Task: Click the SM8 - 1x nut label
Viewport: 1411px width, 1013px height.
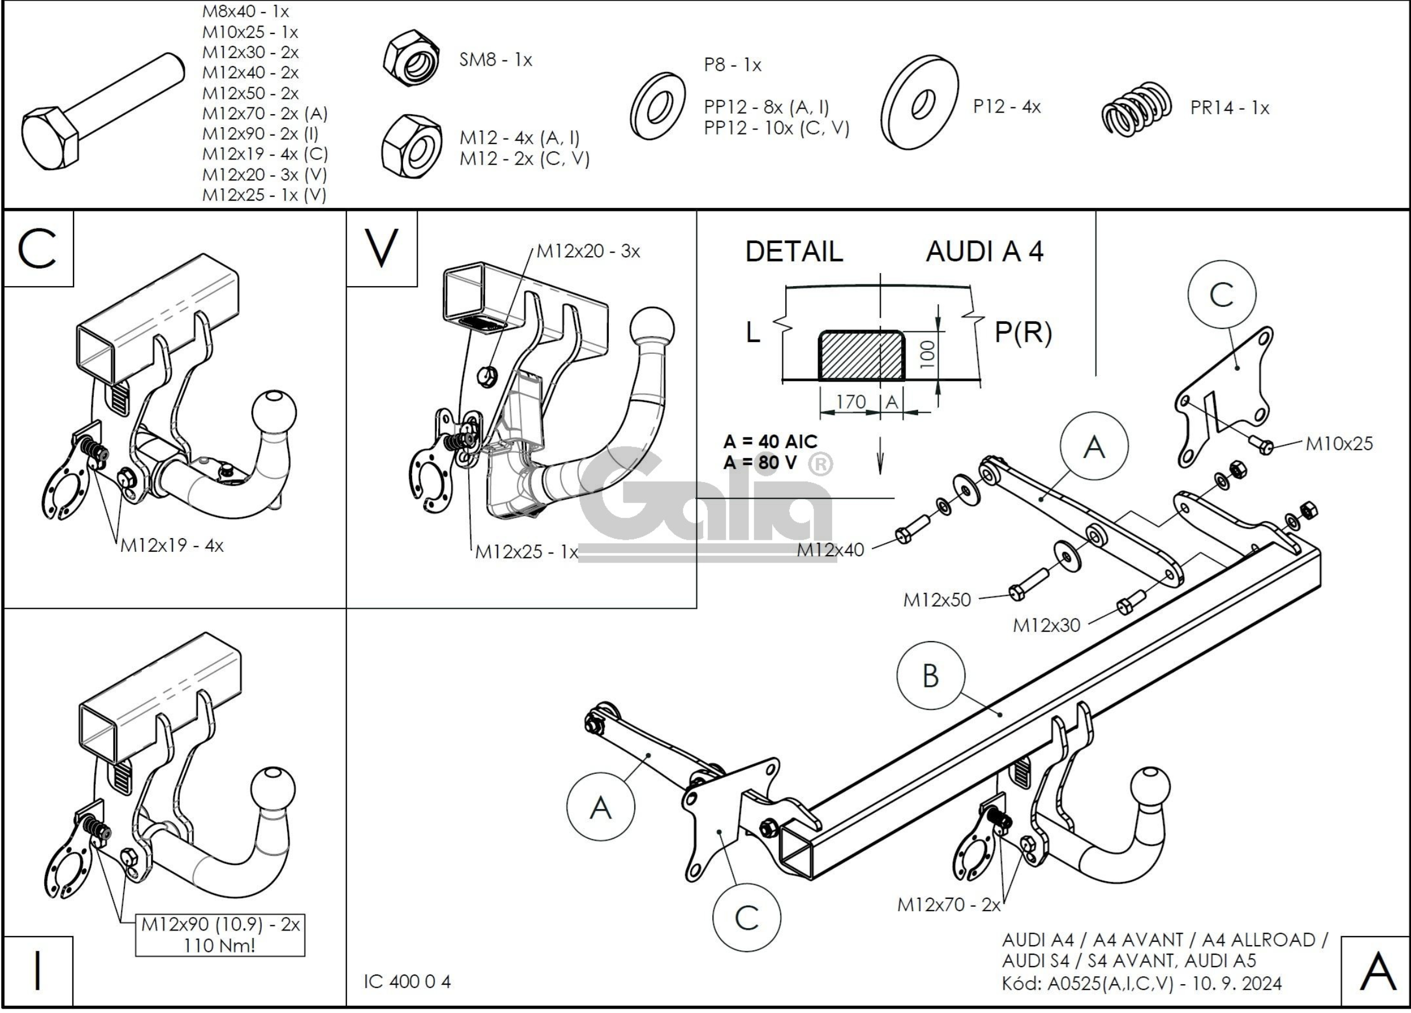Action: click(496, 60)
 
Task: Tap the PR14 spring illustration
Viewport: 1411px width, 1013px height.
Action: click(1137, 110)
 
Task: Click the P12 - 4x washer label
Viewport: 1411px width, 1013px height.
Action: click(1007, 107)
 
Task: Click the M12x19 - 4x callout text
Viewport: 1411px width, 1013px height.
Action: click(172, 546)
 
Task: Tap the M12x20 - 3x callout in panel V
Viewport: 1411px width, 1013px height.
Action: click(588, 252)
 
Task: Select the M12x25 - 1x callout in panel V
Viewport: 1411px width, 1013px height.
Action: click(526, 552)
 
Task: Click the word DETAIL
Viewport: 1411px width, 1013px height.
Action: click(794, 252)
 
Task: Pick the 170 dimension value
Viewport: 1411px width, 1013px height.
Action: click(850, 402)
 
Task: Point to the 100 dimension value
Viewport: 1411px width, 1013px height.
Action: click(927, 354)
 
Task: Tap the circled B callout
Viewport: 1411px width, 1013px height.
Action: click(930, 676)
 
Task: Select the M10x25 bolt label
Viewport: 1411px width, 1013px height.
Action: click(1339, 444)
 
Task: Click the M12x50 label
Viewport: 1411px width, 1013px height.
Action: click(937, 600)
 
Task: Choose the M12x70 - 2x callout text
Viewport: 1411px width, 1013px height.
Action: click(949, 904)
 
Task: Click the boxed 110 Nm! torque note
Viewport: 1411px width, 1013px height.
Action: click(219, 946)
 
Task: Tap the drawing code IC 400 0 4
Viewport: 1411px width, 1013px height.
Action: click(408, 982)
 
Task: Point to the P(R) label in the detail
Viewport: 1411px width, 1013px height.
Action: click(1023, 333)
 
